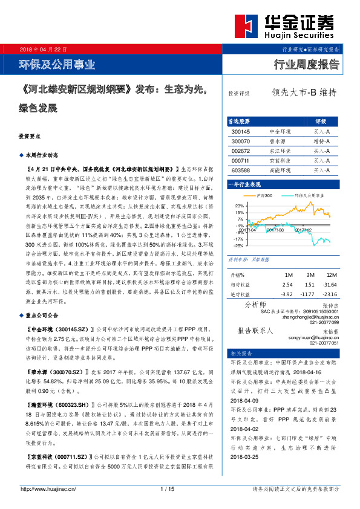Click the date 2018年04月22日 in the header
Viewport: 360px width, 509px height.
coord(44,48)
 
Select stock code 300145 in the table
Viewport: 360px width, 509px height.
coord(240,131)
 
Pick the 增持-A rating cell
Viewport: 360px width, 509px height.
coord(321,141)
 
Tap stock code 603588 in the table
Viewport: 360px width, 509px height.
coord(240,170)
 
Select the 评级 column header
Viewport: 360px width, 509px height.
coord(321,121)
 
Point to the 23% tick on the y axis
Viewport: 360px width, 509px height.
coord(240,206)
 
